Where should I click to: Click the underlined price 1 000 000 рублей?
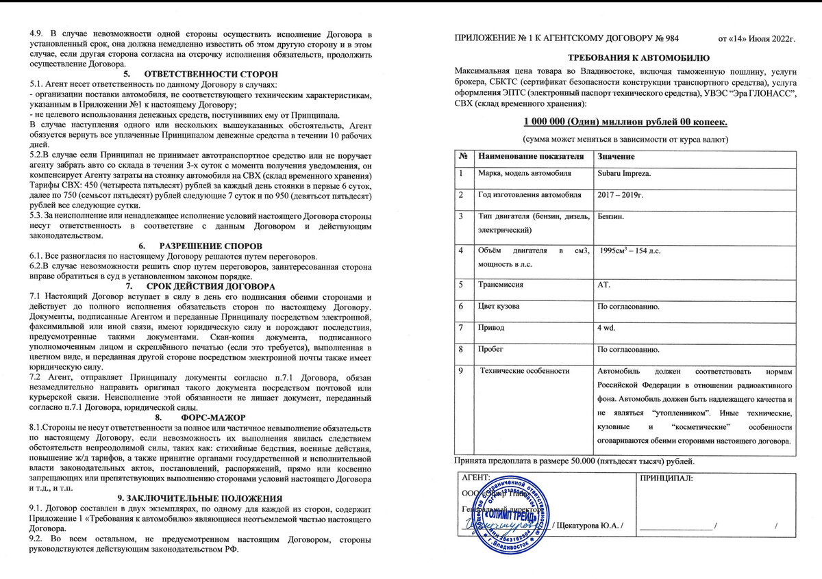click(625, 122)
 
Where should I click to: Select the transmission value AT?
click(605, 284)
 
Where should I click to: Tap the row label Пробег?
click(490, 350)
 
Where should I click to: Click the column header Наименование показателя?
click(531, 156)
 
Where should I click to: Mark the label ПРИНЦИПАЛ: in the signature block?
click(667, 478)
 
